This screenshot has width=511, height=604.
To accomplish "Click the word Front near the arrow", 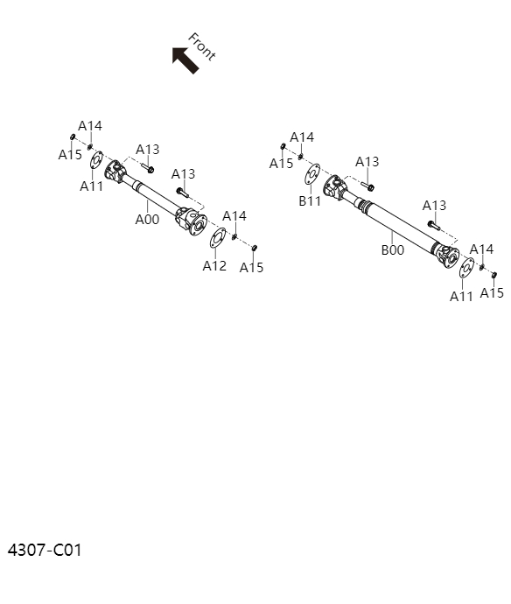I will coord(201,46).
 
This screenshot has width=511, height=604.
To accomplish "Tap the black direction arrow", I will coord(185,60).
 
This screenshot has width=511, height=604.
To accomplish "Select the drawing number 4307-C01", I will coord(45,551).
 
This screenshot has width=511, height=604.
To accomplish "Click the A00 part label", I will coord(147,220).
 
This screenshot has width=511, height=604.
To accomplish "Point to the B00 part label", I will coord(392,249).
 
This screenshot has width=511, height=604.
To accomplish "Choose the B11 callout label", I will coord(310,200).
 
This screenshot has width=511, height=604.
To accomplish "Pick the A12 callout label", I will coord(214,265).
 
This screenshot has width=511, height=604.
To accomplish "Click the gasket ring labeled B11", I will coord(311,173).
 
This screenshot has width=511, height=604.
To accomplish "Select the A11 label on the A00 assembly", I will coord(92,186).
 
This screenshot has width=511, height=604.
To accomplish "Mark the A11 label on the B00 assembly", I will coord(462,296).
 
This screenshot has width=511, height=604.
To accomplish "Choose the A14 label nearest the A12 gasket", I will coord(234,216).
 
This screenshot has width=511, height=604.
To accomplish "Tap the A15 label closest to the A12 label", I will coord(251,268).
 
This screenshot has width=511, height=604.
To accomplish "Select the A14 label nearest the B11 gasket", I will coord(302,137).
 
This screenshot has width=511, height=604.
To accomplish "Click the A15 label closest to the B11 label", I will coord(281,164).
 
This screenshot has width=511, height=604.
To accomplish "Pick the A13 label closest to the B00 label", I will coord(434,206).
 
